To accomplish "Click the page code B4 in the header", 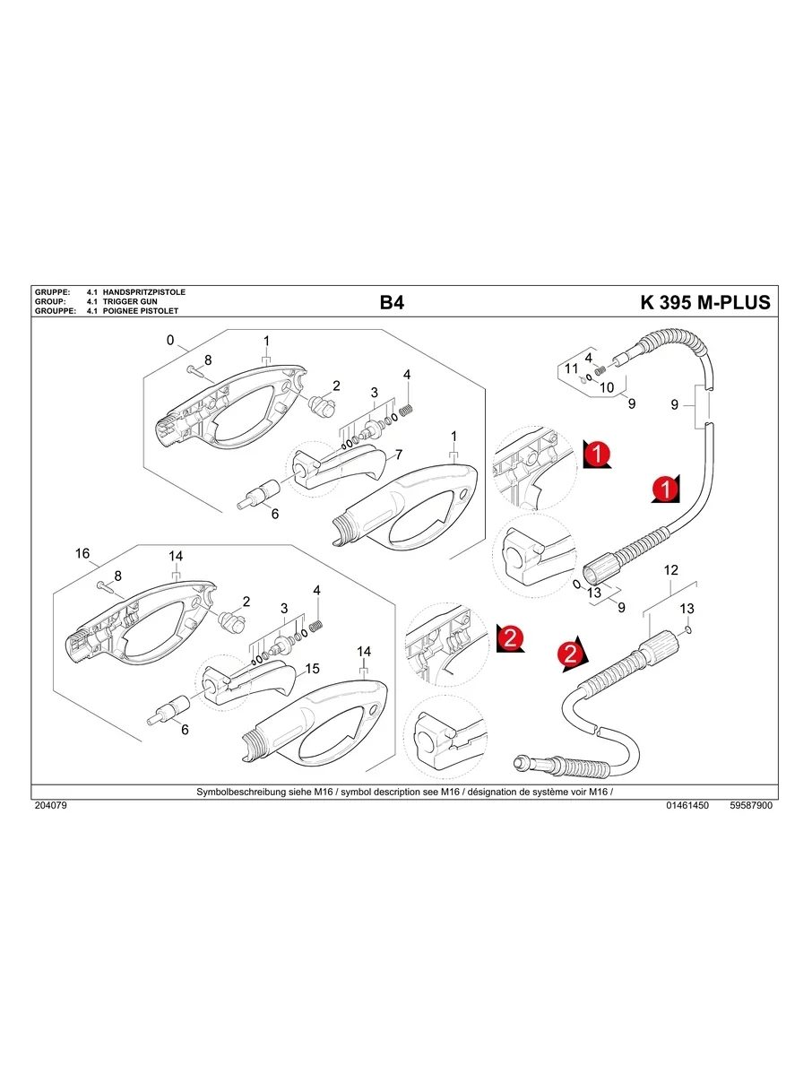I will [392, 302].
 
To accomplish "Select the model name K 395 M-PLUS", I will [704, 302].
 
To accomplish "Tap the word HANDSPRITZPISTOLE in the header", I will [144, 293].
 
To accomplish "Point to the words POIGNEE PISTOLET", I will [141, 311].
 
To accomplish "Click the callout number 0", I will [169, 341].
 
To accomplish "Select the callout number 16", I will [82, 554].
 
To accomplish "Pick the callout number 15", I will [313, 669].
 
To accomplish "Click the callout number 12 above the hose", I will [670, 570].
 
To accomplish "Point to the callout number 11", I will [572, 369].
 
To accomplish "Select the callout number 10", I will [607, 387].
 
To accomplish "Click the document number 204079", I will [50, 806].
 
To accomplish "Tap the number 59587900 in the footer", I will [751, 806].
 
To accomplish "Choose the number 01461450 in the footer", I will [687, 806].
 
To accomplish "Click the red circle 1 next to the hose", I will [665, 489].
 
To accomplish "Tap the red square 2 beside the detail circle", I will [509, 638].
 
